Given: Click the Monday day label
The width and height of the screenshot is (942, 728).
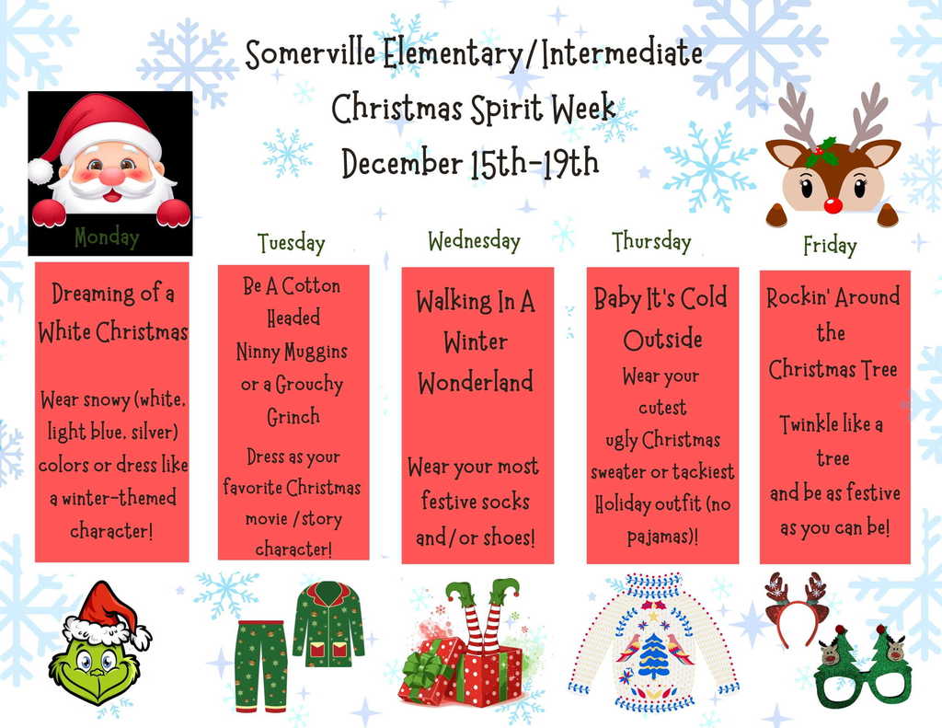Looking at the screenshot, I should pyautogui.click(x=107, y=237).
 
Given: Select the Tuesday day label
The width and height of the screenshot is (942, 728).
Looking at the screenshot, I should pyautogui.click(x=291, y=243).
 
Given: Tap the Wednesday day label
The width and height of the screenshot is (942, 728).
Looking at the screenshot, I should pyautogui.click(x=474, y=241).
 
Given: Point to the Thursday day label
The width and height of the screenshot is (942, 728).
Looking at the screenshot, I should pyautogui.click(x=651, y=241).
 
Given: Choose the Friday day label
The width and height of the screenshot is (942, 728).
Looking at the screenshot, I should pyautogui.click(x=829, y=246).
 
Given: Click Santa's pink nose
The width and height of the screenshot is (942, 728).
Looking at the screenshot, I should pyautogui.click(x=112, y=176).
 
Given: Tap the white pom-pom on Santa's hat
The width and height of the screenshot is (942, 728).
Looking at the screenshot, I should pyautogui.click(x=40, y=170).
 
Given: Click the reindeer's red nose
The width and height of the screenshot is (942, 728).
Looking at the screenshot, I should pyautogui.click(x=833, y=203).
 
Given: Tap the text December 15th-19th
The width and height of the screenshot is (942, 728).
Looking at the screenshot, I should pyautogui.click(x=470, y=163).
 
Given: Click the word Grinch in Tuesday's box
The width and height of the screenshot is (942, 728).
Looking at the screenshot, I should pyautogui.click(x=293, y=417).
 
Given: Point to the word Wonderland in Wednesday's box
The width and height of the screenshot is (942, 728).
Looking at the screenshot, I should pyautogui.click(x=476, y=382).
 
